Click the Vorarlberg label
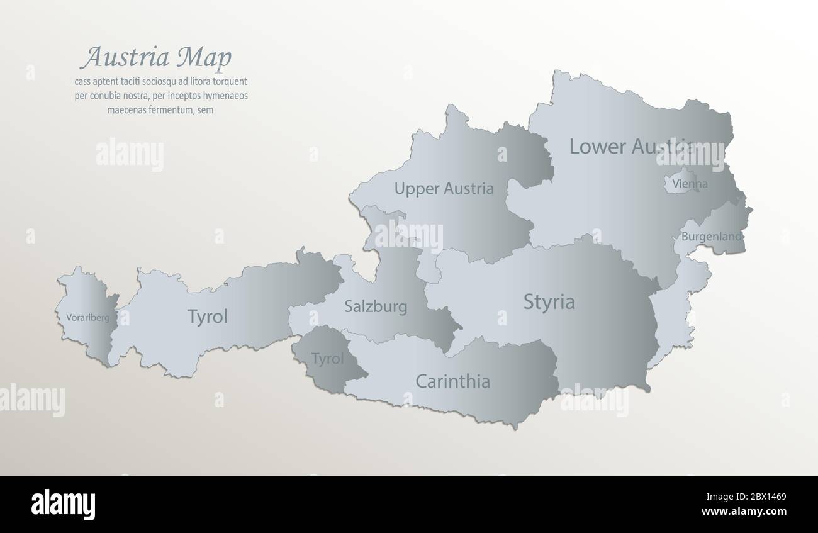pos(87,318)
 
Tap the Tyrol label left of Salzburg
pos(207,317)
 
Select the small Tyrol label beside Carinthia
pos(327,359)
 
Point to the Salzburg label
pos(376,307)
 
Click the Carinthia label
pos(452,381)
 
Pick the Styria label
pos(549,302)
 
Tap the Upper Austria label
pos(444,188)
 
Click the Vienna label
pos(690,184)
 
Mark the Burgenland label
pos(712,237)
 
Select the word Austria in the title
pos(125,57)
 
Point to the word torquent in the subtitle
pos(227,81)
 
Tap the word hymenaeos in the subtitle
pos(223,96)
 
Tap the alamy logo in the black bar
pos(63,504)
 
